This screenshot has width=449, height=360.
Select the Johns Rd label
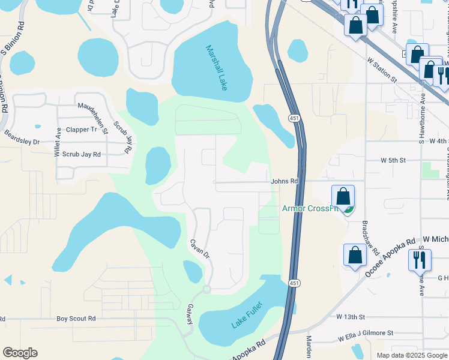(x=285, y=181)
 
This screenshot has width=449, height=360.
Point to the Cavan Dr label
(x=200, y=249)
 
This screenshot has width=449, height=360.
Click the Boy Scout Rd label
(x=77, y=319)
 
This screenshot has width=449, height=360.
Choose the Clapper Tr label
(x=81, y=129)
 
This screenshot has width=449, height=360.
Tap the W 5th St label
(x=393, y=160)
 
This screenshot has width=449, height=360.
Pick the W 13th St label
(x=351, y=316)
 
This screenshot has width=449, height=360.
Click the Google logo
(x=20, y=353)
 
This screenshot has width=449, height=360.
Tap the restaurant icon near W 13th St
(x=420, y=259)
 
